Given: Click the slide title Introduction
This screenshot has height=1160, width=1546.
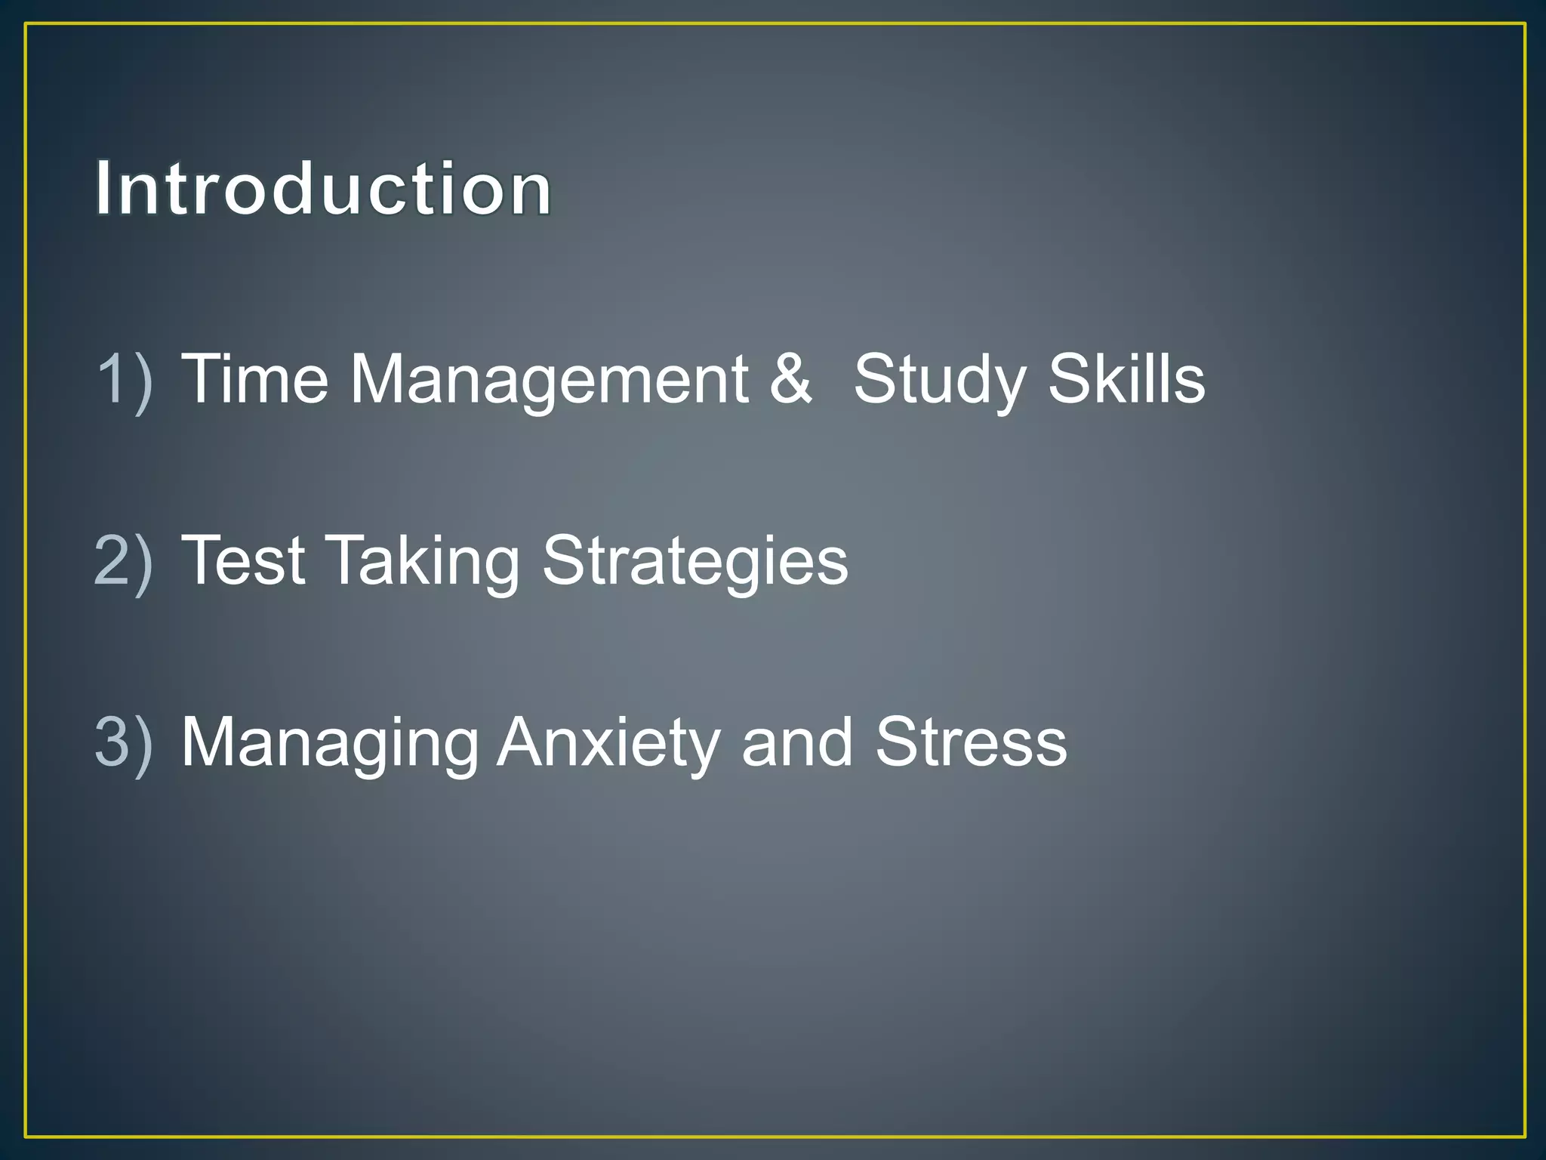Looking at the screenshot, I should (x=323, y=189).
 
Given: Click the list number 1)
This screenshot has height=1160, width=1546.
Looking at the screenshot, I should (x=124, y=379).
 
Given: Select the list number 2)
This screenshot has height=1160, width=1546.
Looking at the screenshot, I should (x=124, y=561).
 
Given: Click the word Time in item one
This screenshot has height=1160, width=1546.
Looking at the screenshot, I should (x=255, y=379).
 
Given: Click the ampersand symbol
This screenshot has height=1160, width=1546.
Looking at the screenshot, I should (x=790, y=379).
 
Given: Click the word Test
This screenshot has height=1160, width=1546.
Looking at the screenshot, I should (x=243, y=561).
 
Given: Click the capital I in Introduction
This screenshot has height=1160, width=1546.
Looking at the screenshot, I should (x=103, y=189).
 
